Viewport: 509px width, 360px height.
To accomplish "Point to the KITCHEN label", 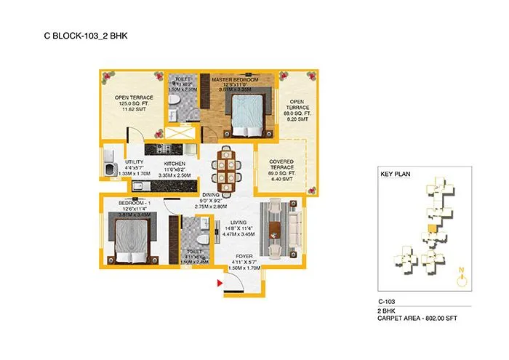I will tap(175, 164).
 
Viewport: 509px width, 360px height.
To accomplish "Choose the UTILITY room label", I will tap(134, 163).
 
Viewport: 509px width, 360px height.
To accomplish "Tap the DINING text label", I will tap(211, 195).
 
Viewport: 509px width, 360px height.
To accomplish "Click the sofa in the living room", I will tap(293, 228).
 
